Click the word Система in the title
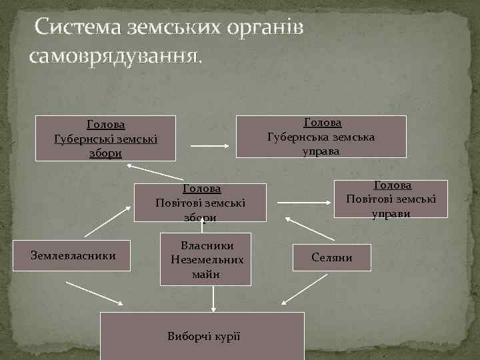point(82,27)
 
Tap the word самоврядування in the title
point(113,54)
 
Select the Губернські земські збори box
point(105,139)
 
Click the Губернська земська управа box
point(321,137)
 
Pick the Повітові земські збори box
point(201,203)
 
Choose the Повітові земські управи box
point(391,199)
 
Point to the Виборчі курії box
point(203,335)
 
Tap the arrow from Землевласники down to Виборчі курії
point(95,292)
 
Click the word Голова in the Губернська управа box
point(323,123)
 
